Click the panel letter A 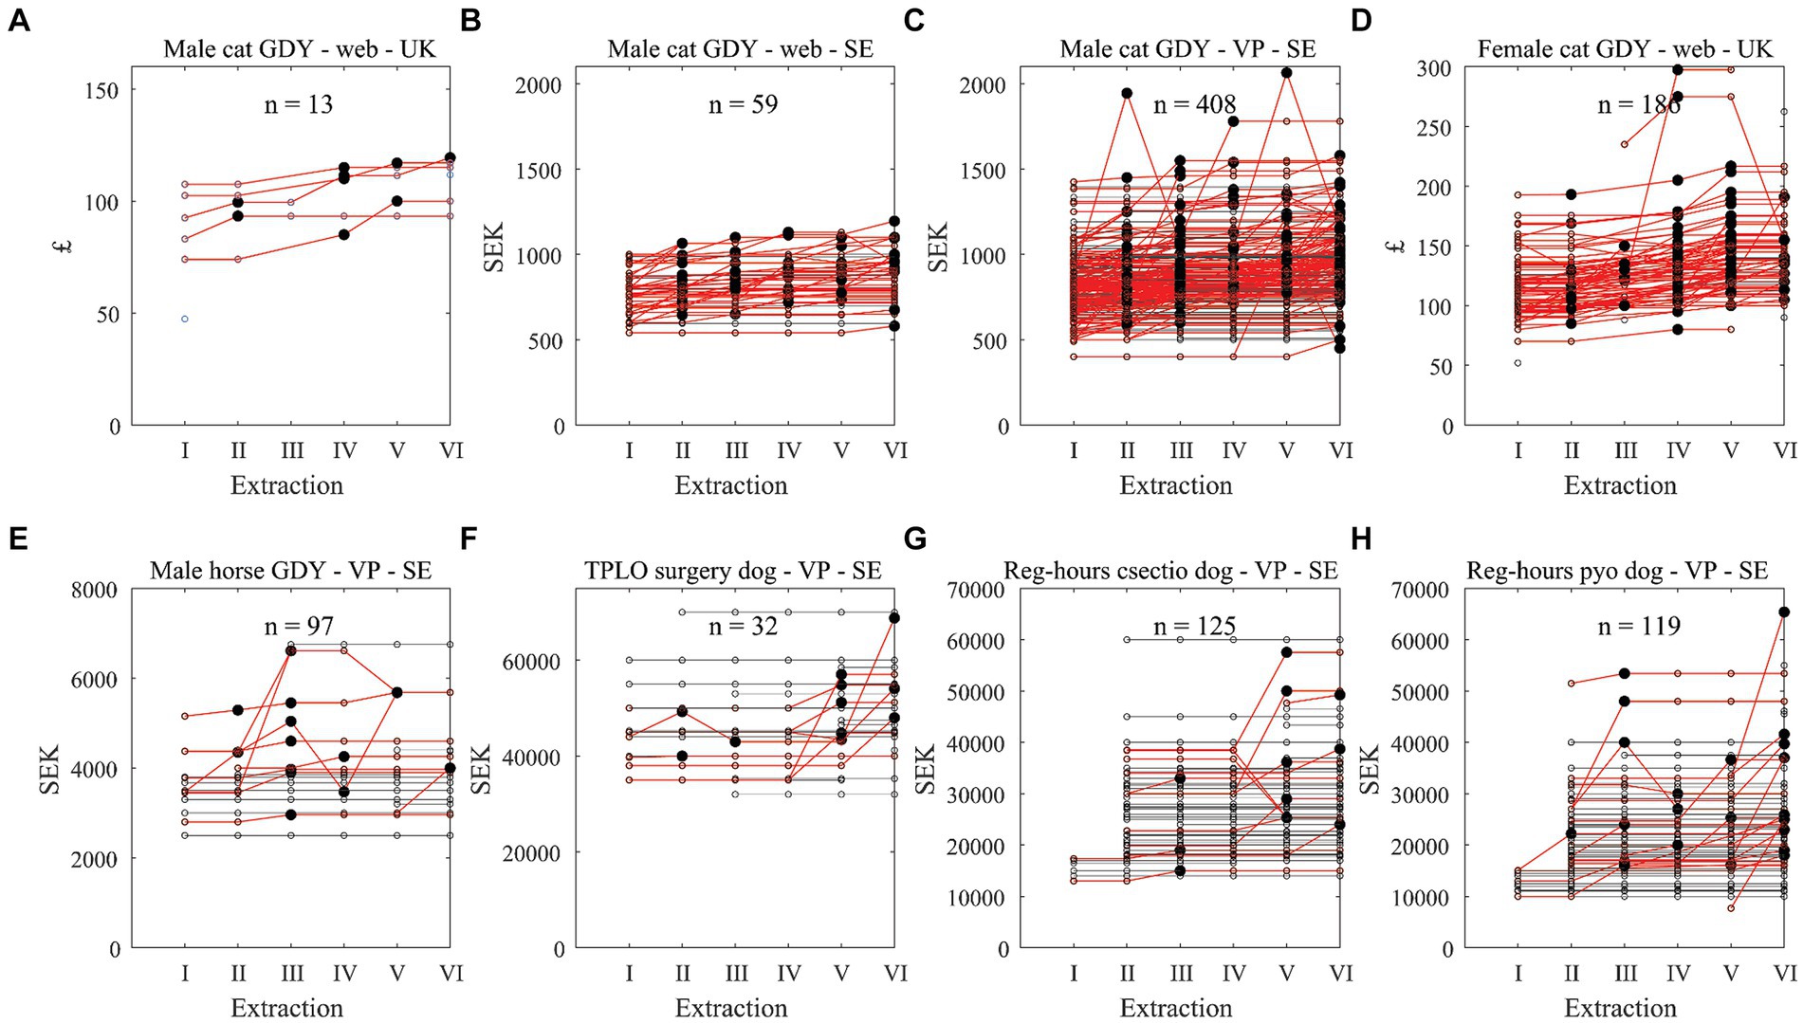click(18, 19)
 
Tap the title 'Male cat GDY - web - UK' click(299, 49)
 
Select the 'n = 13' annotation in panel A click(298, 104)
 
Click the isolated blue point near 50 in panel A click(185, 319)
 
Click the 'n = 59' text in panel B click(743, 104)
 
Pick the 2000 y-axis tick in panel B click(538, 85)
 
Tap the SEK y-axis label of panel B click(494, 247)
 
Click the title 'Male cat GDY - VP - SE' click(1187, 49)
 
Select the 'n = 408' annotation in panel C click(1194, 104)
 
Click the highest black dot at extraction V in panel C click(1286, 73)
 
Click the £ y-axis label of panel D click(1395, 247)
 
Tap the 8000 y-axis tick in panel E click(94, 590)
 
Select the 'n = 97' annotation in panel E click(298, 626)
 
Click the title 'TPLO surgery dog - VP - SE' click(732, 571)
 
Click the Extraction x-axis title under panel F click(731, 1008)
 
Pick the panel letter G click(915, 539)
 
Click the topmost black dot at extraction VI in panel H click(1784, 612)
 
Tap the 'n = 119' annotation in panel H click(1639, 626)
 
